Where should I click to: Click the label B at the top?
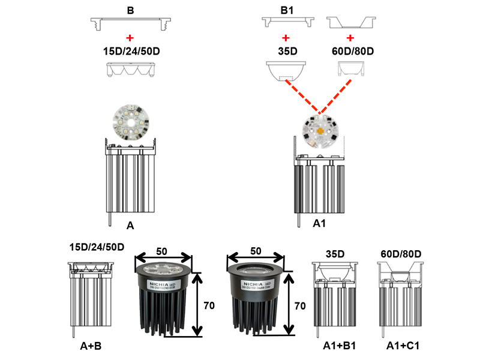[x=131, y=11]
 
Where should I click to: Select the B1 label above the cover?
[x=288, y=11]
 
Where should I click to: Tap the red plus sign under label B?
[x=131, y=37]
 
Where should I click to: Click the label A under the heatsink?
[x=130, y=226]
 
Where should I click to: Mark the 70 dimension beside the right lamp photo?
[x=300, y=305]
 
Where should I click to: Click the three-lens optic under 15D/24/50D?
[x=131, y=70]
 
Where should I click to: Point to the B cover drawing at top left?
[x=131, y=23]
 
